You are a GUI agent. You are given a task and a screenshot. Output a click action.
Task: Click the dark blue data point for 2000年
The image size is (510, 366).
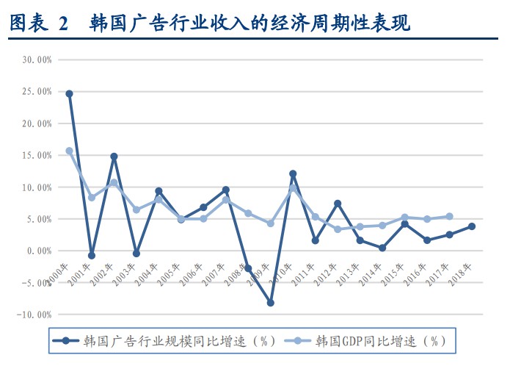69,93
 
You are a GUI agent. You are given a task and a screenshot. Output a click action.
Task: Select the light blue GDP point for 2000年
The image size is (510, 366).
69,151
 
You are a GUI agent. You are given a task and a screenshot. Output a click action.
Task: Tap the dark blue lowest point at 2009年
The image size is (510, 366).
271,303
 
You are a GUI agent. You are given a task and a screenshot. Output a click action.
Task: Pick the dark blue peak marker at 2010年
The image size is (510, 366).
293,174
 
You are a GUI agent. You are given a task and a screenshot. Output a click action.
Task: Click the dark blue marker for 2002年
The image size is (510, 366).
114,157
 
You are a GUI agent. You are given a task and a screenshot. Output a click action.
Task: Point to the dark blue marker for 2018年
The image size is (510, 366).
471,226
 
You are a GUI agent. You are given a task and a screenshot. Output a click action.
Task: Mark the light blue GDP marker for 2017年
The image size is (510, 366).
449,217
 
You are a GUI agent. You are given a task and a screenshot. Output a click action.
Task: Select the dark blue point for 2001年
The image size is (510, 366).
91,256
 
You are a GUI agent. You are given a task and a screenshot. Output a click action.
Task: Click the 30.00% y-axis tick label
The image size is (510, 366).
37,60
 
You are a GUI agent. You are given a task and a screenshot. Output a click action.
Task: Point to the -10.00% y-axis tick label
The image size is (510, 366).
35,315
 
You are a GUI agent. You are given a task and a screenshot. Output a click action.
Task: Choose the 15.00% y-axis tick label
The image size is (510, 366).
37,155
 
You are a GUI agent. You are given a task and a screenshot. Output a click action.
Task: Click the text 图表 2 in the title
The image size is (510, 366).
37,24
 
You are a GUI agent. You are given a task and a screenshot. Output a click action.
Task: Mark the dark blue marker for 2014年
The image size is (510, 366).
382,248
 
